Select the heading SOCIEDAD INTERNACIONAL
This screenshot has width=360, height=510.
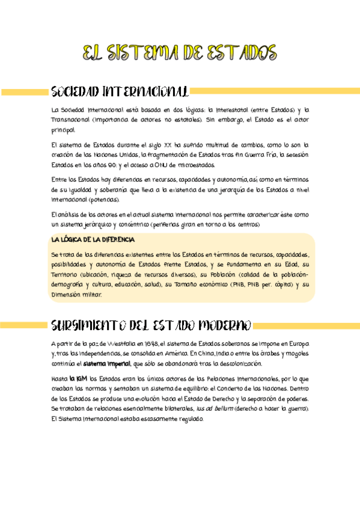point(120,92)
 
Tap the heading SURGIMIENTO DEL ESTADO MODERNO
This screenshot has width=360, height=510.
point(150,325)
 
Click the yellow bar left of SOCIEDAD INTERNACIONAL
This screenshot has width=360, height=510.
point(25,92)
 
